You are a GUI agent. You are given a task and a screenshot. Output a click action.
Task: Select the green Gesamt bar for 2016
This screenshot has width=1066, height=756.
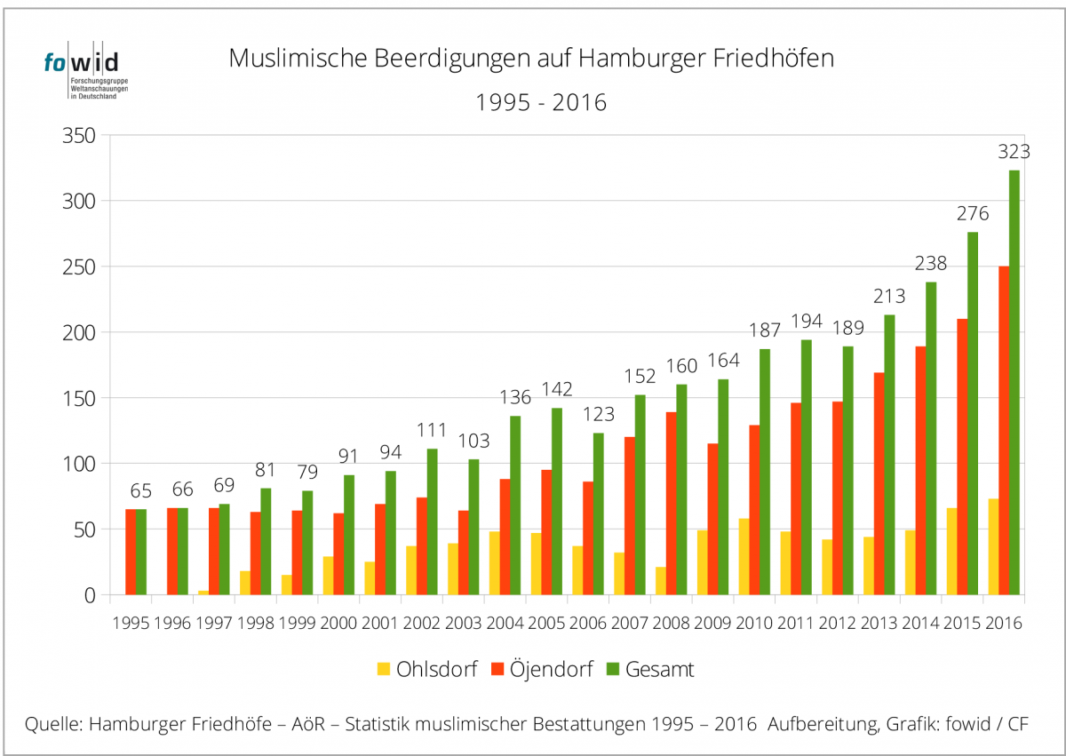click(1014, 382)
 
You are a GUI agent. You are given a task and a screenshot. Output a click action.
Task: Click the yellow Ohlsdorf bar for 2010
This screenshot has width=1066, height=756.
click(743, 556)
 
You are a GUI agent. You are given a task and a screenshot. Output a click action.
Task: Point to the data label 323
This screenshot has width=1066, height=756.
click(1014, 152)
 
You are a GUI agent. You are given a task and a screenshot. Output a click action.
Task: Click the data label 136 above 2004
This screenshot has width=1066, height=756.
click(514, 398)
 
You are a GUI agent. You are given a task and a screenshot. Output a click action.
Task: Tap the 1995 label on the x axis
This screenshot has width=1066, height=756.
click(131, 623)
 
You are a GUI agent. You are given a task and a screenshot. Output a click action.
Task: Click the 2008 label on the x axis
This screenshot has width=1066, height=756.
click(671, 623)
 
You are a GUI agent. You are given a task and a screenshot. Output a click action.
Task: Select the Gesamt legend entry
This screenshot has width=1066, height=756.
click(650, 669)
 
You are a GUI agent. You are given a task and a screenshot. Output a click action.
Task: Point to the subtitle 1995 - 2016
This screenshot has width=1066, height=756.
click(541, 102)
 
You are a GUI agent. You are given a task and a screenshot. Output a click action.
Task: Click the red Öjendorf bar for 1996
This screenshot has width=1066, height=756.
click(171, 551)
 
